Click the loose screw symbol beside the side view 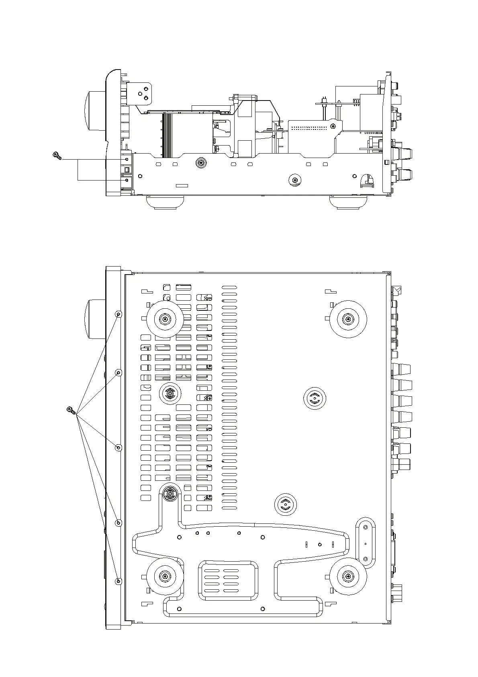[57, 155]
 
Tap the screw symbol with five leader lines [71, 410]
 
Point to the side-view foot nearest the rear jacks [349, 202]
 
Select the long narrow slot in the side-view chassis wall [182, 186]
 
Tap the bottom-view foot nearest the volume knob [165, 319]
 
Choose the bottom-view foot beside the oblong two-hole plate [348, 577]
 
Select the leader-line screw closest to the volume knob [118, 314]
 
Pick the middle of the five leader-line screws [118, 448]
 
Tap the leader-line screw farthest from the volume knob [118, 581]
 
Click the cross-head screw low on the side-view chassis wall [295, 180]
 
